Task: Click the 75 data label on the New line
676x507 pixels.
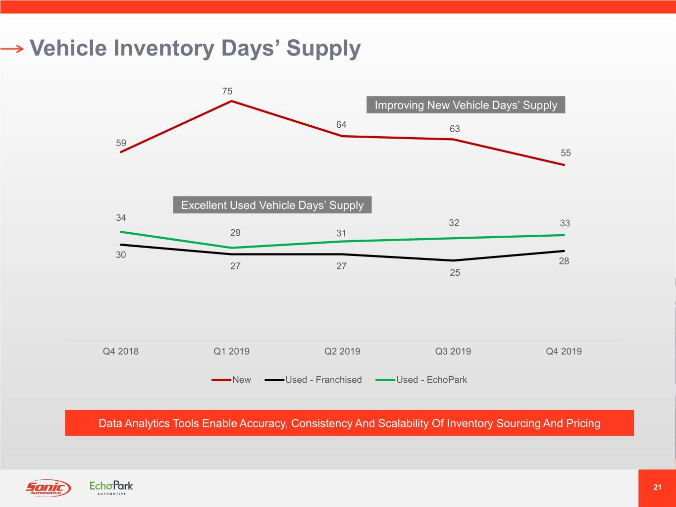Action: (227, 91)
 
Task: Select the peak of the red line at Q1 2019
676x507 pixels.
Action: (232, 101)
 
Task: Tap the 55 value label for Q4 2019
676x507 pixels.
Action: (566, 153)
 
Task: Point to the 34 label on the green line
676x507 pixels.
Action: (121, 218)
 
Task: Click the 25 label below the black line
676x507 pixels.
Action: (455, 272)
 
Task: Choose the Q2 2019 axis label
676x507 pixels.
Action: (342, 352)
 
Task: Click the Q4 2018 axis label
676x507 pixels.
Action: (121, 352)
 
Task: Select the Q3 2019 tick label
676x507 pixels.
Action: (453, 352)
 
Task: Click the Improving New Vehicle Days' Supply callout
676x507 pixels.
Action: (466, 105)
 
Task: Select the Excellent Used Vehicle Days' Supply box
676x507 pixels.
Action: (272, 205)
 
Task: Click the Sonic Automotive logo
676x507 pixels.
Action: (49, 488)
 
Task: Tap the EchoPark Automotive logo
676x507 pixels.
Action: (111, 487)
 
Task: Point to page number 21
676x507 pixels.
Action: (657, 487)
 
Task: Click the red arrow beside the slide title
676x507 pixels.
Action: (12, 49)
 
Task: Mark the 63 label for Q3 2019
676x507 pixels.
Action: (455, 129)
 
